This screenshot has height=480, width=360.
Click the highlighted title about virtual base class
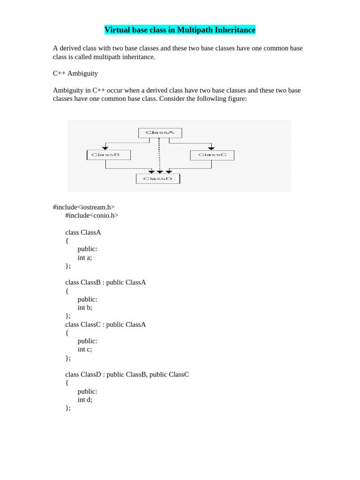point(180,30)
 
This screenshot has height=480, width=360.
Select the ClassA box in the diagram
point(160,133)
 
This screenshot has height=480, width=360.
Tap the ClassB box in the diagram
point(109,155)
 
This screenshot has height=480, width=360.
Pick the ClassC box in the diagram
point(212,155)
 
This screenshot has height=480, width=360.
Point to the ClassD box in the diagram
point(157,179)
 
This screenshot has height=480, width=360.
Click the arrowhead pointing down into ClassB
point(105,148)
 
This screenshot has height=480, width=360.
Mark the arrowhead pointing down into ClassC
point(211,148)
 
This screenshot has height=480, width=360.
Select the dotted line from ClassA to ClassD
point(159,155)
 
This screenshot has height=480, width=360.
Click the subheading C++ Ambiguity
point(75,74)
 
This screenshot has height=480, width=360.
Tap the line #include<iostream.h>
point(84,207)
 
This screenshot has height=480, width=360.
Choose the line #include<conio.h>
point(92,216)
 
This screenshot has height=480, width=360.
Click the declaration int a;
point(85,257)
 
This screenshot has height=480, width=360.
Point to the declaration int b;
point(85,307)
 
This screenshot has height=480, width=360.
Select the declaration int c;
point(85,349)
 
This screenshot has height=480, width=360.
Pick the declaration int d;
point(85,399)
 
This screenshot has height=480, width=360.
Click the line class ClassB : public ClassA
point(105,282)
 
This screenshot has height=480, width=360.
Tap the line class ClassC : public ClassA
point(105,324)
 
